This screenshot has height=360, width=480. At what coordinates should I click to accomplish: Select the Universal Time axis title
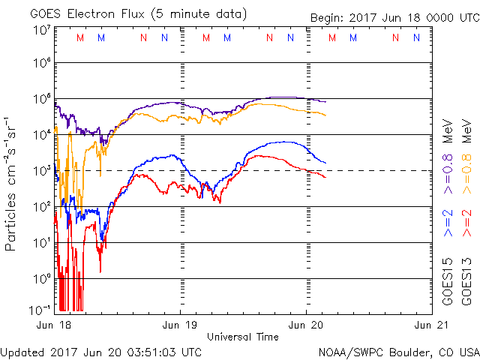pos(242,337)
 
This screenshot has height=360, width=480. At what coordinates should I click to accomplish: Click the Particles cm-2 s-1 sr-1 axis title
pos(13,184)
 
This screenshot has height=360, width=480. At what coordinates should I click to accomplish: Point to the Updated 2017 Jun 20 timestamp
pos(101,351)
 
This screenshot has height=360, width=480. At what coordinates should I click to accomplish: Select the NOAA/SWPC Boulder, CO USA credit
pos(398,351)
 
